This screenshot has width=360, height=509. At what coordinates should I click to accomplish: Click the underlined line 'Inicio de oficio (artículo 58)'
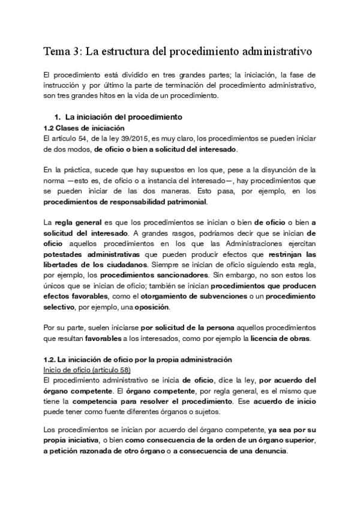(x=88, y=370)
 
